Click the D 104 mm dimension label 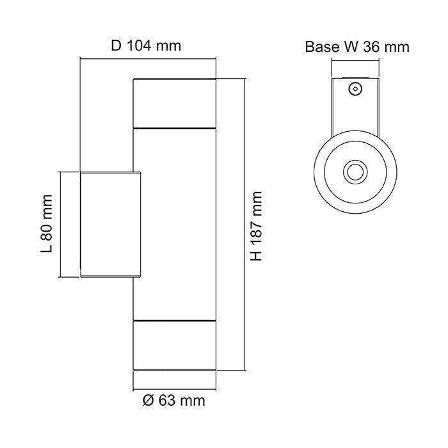pos(146,45)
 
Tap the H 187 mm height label pos(257,225)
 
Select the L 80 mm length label pos(45,224)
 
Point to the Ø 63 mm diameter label pos(173,401)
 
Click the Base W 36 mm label pos(356,47)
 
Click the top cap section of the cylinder pos(173,103)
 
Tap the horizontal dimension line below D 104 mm pos(147,58)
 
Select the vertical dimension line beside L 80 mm pos(60,224)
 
